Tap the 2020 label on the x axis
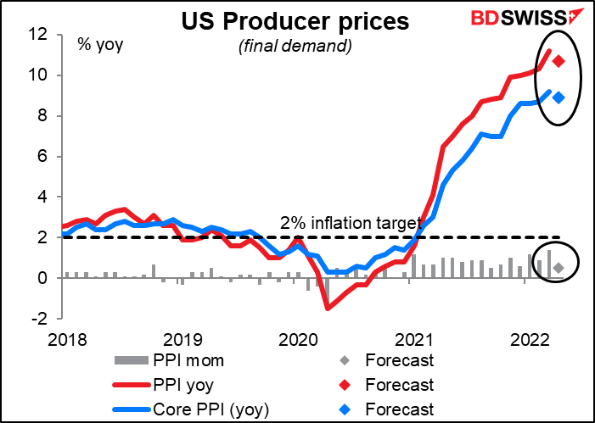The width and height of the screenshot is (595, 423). (x=296, y=340)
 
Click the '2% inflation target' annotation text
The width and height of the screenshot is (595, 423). (x=349, y=223)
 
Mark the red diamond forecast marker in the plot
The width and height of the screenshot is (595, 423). (x=559, y=61)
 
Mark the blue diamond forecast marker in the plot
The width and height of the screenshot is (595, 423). (x=559, y=97)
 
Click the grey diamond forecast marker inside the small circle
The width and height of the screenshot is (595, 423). (x=559, y=268)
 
